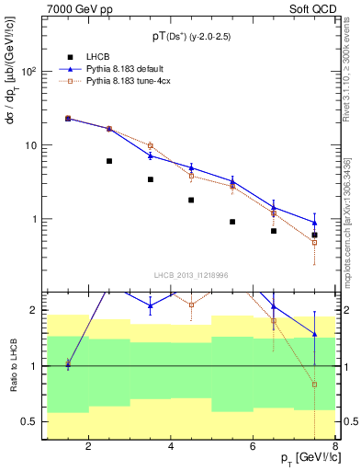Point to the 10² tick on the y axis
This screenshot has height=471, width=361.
point(29,72)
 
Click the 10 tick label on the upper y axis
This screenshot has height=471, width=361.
point(29,145)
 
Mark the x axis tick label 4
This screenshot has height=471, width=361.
point(172,448)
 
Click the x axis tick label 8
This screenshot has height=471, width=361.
point(337,448)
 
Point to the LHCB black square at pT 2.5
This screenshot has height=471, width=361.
point(109,161)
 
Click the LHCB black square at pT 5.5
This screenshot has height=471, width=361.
point(232,222)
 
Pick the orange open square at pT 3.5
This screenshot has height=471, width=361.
point(151,145)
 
